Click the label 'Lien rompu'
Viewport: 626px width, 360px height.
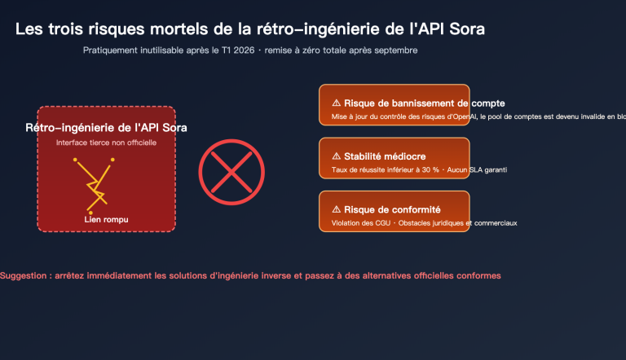coord(106,220)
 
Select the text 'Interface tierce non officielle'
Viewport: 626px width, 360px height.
coord(106,143)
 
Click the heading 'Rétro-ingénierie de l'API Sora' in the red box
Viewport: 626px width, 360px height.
coord(106,128)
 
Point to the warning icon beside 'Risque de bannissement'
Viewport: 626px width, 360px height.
coord(337,103)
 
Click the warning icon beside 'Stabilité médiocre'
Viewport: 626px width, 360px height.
coord(337,156)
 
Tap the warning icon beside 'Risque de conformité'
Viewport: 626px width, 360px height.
coord(337,209)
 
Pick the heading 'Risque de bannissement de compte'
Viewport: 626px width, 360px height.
coord(425,103)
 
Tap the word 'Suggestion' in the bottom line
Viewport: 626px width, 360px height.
coord(23,275)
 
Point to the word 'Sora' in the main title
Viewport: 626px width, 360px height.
coord(472,30)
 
